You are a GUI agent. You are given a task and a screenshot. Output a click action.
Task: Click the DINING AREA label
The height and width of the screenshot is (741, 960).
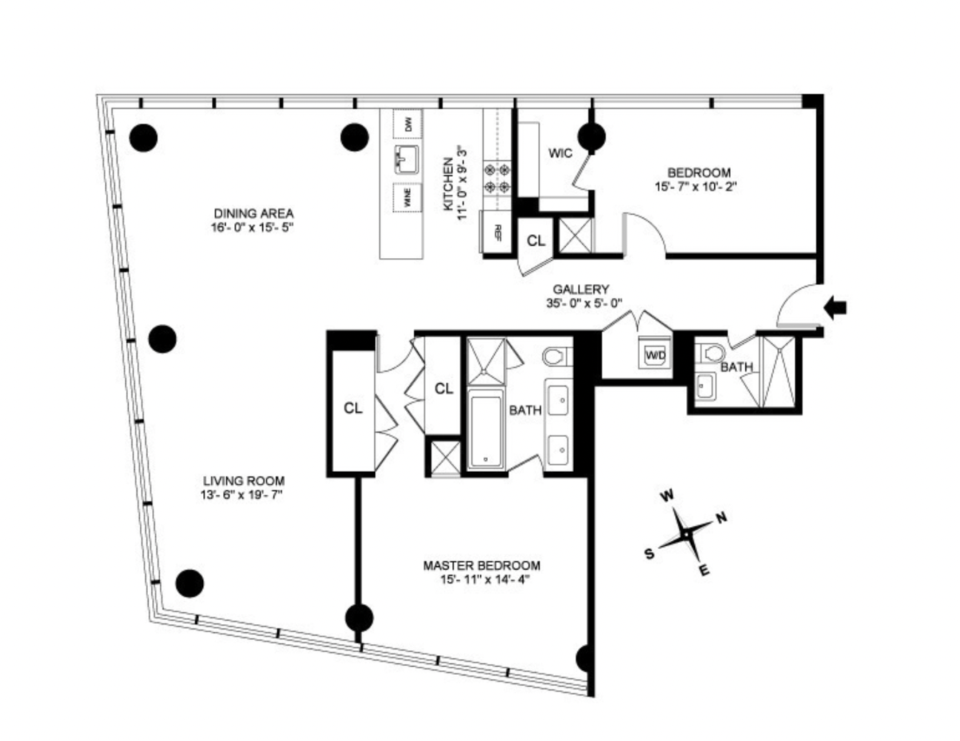[253, 213]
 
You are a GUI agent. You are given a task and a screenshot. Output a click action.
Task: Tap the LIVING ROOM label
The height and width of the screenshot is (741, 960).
[244, 480]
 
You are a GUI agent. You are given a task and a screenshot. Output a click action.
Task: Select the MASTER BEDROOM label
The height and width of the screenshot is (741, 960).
[481, 565]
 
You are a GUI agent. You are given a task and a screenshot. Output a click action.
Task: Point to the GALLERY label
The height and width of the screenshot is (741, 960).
[581, 290]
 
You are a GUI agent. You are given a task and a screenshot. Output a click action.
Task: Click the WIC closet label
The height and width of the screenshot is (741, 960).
[560, 153]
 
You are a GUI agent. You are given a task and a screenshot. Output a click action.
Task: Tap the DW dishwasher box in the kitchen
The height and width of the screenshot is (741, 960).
[407, 124]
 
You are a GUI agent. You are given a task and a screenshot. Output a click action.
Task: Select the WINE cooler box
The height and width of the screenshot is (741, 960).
[407, 199]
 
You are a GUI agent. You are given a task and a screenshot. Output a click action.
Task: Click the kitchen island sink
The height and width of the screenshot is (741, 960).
[407, 161]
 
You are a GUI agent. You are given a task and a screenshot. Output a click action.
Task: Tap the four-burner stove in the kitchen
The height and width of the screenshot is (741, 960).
[498, 178]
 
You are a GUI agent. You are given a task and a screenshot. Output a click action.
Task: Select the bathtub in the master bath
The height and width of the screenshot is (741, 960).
[485, 428]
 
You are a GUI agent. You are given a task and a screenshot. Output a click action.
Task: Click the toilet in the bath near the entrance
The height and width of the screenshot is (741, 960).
[713, 353]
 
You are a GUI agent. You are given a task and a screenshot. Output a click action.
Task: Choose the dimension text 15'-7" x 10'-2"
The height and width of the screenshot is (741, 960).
[697, 187]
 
